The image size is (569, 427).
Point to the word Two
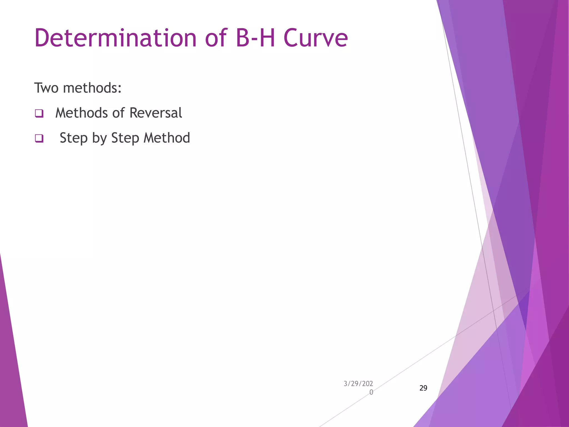[x=46, y=88]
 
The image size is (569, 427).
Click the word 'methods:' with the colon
[x=92, y=88]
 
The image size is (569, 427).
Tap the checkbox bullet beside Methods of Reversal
[x=39, y=113]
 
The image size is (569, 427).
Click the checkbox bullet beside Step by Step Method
[x=39, y=138]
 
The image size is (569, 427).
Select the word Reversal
[x=156, y=113]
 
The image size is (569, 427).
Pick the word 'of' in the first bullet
[x=118, y=113]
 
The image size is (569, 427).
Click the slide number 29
[x=423, y=388]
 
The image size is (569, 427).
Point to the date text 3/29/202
[x=358, y=384]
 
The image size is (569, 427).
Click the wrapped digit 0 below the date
[x=371, y=392]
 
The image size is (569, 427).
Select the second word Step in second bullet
[x=125, y=138]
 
